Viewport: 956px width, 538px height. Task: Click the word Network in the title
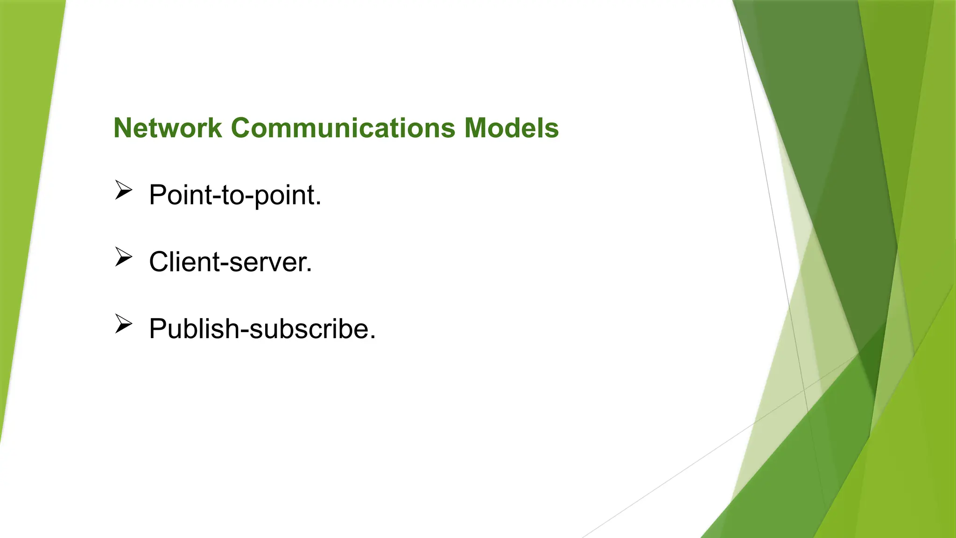point(168,128)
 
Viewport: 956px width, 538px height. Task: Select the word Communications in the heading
point(343,128)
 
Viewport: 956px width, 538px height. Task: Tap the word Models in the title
point(511,128)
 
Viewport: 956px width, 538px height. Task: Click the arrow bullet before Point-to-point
point(124,191)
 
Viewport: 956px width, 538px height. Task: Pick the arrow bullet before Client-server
point(124,257)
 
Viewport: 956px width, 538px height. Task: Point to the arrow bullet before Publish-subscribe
point(124,324)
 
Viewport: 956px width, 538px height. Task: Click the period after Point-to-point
point(318,205)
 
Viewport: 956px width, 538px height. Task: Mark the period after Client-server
point(309,271)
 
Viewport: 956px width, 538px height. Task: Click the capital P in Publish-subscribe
point(157,329)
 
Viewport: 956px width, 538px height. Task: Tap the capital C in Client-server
point(159,262)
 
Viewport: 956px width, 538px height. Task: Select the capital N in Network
point(123,128)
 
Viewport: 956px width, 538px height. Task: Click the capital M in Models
point(476,128)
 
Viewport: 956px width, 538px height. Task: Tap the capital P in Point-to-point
point(157,195)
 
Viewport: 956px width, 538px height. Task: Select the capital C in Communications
point(241,128)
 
